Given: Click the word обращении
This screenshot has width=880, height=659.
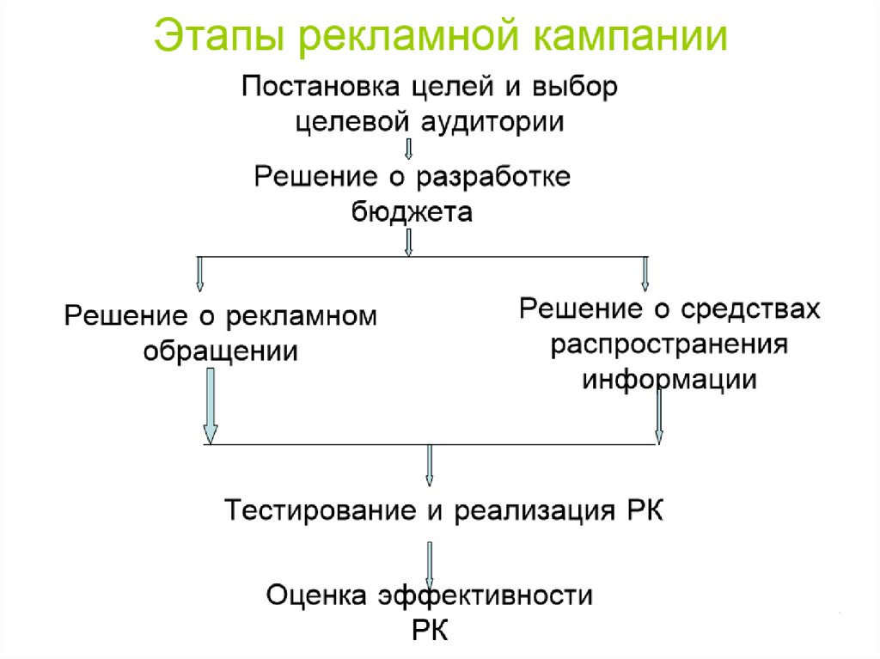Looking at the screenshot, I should click(x=221, y=351).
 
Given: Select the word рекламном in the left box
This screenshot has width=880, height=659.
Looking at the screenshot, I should click(x=302, y=316).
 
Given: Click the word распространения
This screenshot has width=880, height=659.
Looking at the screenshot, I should click(x=670, y=345).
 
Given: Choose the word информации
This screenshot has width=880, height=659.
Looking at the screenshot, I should click(x=670, y=379).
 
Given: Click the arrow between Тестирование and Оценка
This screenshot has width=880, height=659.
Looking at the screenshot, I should click(x=430, y=560).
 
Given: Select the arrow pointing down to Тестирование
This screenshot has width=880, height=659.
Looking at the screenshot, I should click(x=430, y=466).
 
